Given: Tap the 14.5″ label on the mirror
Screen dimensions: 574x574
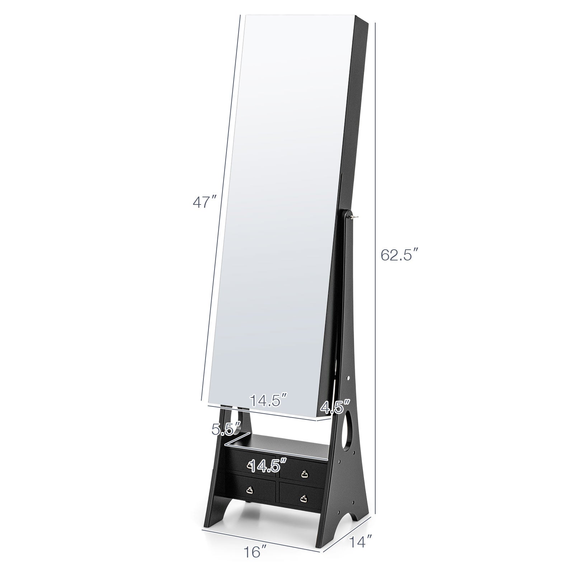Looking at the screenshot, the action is [x=269, y=400].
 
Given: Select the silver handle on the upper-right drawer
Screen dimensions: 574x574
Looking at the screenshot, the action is [x=305, y=474].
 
